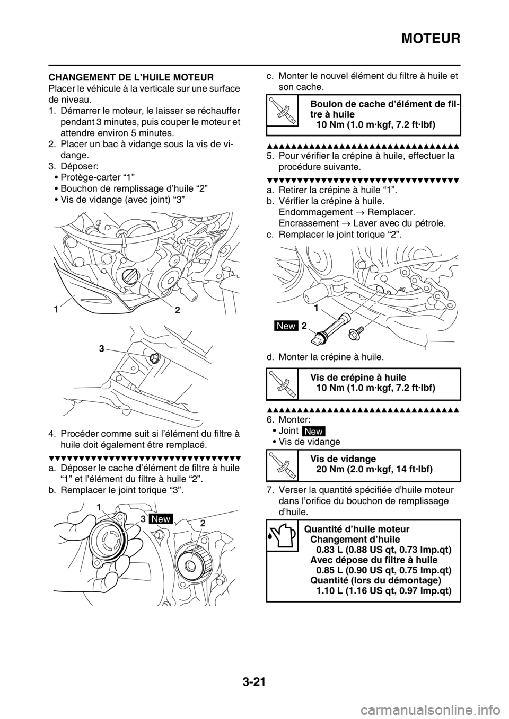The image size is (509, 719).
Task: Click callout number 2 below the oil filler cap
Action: pyautogui.click(x=178, y=311)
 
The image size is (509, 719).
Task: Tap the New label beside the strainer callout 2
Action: pyautogui.click(x=286, y=327)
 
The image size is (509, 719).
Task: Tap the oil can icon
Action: pyautogui.click(x=282, y=535)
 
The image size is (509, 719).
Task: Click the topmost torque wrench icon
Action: pyautogui.click(x=282, y=110)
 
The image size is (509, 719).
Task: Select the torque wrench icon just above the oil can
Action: pyautogui.click(x=282, y=465)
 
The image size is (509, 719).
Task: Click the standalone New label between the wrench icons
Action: pyautogui.click(x=313, y=432)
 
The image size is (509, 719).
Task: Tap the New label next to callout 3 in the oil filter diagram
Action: pyautogui.click(x=161, y=519)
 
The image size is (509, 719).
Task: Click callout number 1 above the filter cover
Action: pyautogui.click(x=99, y=507)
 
